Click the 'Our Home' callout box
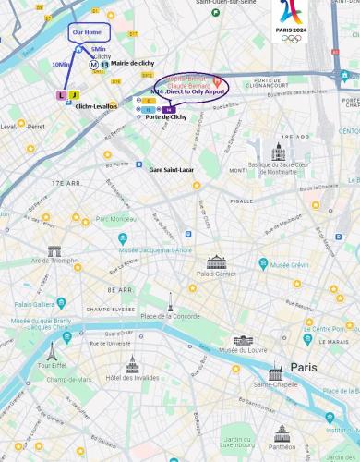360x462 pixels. click(x=89, y=31)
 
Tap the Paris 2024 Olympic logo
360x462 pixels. click(x=291, y=20)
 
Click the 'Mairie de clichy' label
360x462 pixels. click(x=132, y=63)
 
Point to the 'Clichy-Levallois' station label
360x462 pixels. click(x=96, y=106)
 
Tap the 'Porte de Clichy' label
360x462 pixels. click(x=165, y=117)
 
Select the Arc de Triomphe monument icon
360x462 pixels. click(x=54, y=250)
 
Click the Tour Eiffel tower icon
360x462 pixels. click(x=52, y=352)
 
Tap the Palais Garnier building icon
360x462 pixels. click(x=216, y=261)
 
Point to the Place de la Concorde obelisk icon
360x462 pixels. click(x=170, y=301)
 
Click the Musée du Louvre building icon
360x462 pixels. click(x=243, y=340)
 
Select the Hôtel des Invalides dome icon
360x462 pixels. click(x=132, y=363)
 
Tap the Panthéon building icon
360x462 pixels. click(x=282, y=433)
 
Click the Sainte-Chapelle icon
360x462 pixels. click(x=275, y=372)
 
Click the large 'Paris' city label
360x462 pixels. click(x=304, y=367)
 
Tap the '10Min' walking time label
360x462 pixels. click(x=61, y=65)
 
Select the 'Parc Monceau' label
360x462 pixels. click(x=115, y=219)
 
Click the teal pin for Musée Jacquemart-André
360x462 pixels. click(x=123, y=238)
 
